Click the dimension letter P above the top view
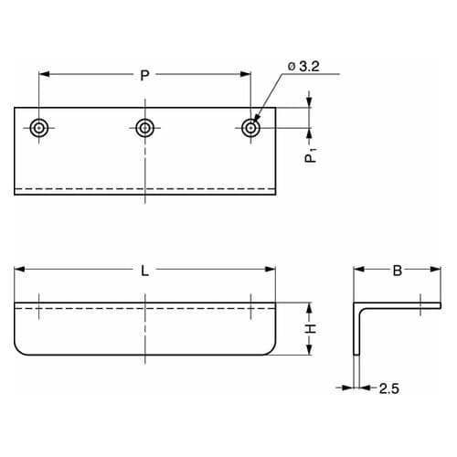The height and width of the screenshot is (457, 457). [144, 75]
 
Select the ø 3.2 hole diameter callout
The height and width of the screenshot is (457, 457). [303, 67]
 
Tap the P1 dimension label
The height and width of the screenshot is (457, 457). [311, 154]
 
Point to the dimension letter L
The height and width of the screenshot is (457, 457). [145, 271]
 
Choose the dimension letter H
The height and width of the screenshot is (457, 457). [311, 329]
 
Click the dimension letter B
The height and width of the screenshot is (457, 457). [398, 271]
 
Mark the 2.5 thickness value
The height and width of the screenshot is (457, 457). [389, 388]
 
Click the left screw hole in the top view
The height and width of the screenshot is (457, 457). [38, 128]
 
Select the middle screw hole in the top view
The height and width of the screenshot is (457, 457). [144, 128]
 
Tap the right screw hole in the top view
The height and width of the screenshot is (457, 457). [250, 128]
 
